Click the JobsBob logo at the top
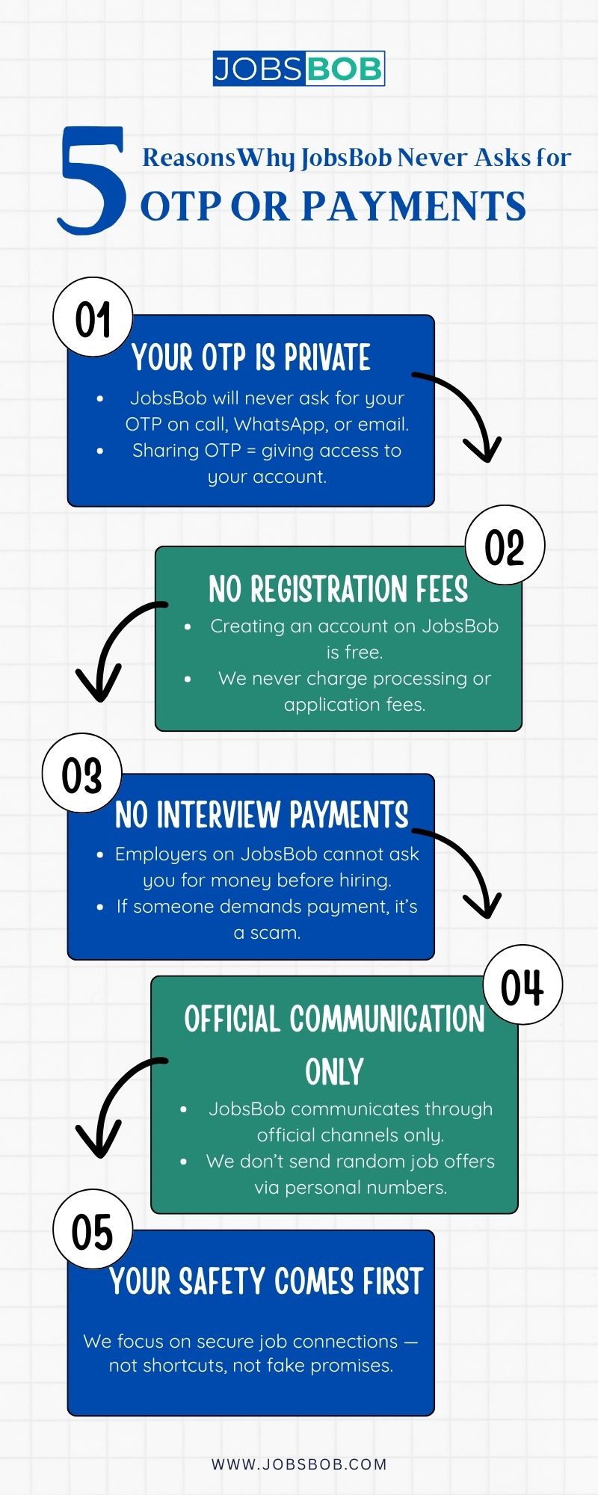point(298,69)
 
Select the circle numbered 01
point(93,318)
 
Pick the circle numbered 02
point(505,546)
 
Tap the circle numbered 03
point(81,774)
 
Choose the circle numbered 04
point(522,985)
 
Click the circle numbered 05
point(93,1230)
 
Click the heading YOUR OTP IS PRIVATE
point(251,357)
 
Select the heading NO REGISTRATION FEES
point(338,589)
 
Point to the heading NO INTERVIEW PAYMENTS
point(262,815)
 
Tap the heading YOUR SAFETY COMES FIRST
point(266,1281)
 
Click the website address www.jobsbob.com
point(299,1464)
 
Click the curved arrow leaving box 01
point(467,407)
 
